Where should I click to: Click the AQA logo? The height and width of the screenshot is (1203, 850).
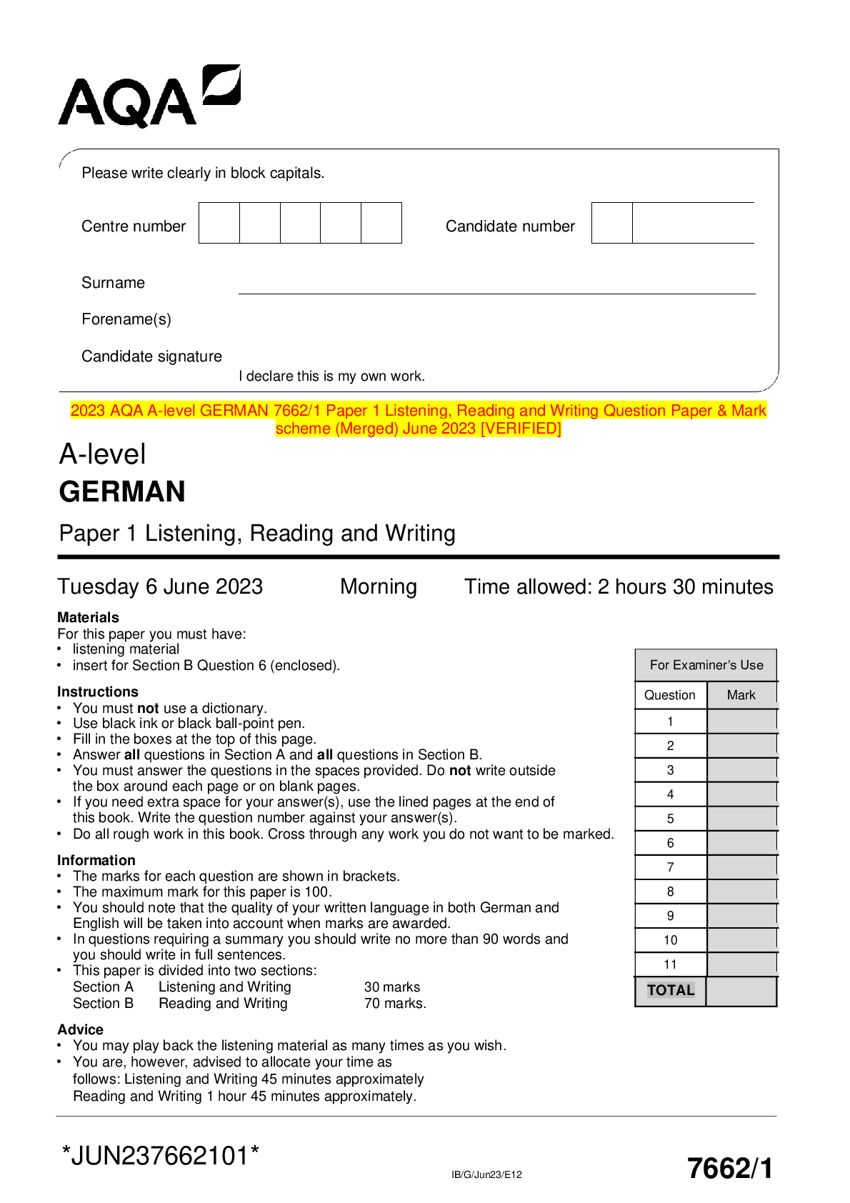tap(149, 97)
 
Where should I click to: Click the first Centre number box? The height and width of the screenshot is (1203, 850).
tap(219, 223)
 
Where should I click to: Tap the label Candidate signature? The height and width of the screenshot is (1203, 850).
tap(151, 356)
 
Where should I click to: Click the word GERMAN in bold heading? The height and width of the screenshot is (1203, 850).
tap(122, 492)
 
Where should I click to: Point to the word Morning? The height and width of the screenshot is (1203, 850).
tap(379, 587)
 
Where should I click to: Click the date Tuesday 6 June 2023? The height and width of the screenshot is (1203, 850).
tap(160, 587)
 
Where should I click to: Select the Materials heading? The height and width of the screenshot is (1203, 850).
tap(88, 617)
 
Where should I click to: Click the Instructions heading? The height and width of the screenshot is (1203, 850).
tap(98, 692)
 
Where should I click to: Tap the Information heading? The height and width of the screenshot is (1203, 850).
tap(96, 860)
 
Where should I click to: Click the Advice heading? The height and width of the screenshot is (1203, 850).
tap(81, 1029)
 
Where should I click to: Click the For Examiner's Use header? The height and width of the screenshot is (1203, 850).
tap(706, 665)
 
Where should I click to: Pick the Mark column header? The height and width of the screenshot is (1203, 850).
tap(741, 695)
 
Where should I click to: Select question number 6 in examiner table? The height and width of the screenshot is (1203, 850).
tap(670, 843)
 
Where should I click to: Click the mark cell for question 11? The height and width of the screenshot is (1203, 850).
tap(741, 964)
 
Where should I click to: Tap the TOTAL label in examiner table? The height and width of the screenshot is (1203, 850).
tap(671, 990)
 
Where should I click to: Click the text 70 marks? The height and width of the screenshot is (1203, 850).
tap(394, 1004)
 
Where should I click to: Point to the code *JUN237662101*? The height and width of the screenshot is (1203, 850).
tap(161, 1155)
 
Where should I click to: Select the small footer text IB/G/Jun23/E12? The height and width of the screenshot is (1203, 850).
tap(486, 1174)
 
